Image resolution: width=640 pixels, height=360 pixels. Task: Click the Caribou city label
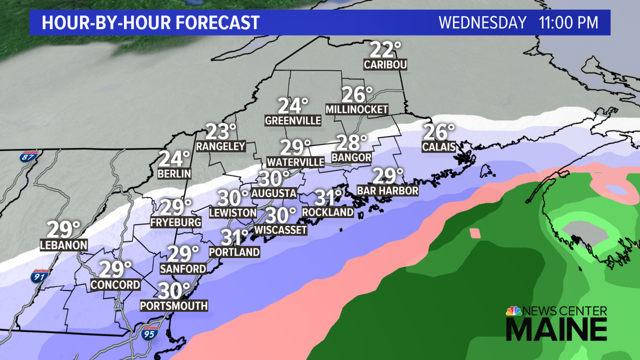tap(385, 64)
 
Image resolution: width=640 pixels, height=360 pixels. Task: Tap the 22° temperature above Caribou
tap(385, 50)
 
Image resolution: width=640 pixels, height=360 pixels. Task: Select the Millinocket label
tap(356, 109)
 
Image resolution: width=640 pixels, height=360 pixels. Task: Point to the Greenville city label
tap(293, 120)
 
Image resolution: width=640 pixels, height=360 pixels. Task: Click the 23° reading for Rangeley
tap(221, 132)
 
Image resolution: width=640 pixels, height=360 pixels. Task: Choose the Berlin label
tap(174, 173)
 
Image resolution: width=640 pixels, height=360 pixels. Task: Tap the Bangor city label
tap(351, 157)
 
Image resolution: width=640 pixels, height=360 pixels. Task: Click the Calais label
tap(439, 146)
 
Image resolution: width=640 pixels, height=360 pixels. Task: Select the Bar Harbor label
tap(387, 190)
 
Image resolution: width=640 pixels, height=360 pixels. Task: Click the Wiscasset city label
tap(280, 229)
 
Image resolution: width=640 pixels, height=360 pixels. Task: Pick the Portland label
tap(234, 252)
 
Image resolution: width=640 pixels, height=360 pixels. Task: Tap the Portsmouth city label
tap(173, 305)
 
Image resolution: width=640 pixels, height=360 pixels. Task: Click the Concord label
tap(115, 284)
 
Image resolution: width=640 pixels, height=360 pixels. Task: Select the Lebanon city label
tap(64, 245)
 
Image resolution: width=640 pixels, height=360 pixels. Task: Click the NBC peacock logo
tap(513, 311)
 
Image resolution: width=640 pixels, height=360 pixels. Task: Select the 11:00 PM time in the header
tap(568, 22)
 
